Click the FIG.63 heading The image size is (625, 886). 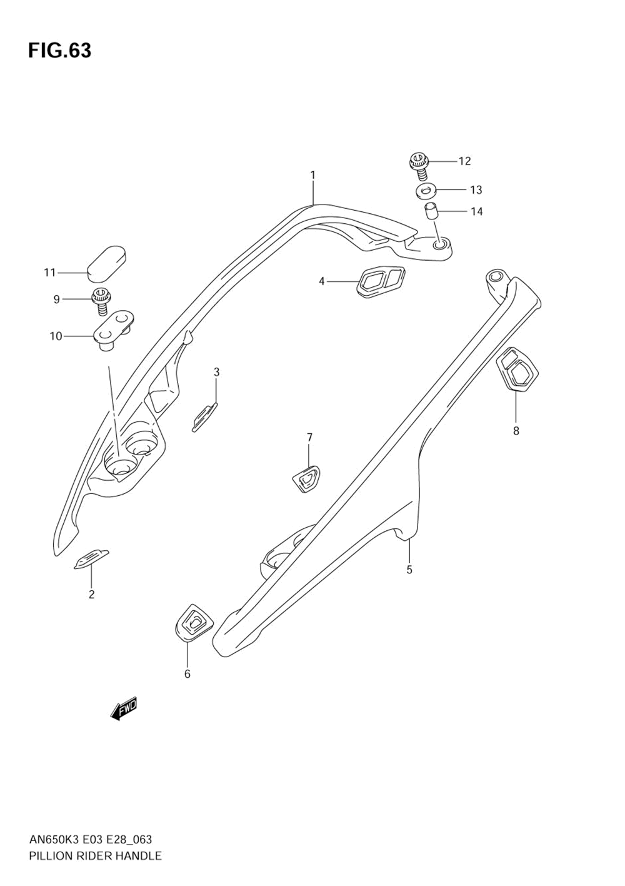60,51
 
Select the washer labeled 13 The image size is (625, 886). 426,191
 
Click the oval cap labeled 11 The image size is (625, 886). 106,264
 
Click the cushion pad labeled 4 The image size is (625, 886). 381,281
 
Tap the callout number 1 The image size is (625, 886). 312,175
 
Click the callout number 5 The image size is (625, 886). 409,570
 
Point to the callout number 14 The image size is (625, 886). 476,211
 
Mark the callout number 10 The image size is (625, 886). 56,336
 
